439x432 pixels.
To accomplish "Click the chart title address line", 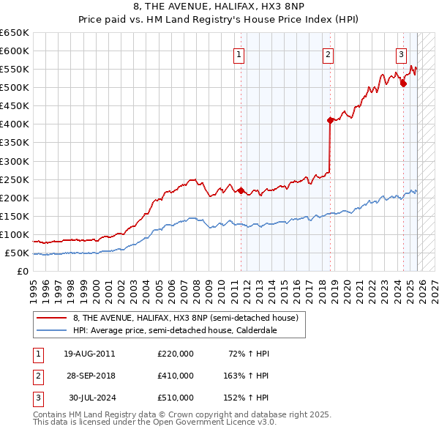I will (219, 7).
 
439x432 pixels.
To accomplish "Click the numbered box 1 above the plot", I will (239, 54).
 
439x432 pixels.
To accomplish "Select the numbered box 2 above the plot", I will (329, 54).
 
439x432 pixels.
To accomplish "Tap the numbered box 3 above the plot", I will (402, 54).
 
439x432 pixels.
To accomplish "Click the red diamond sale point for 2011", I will (241, 190).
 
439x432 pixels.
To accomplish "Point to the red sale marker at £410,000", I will (330, 120).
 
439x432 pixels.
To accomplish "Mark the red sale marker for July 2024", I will (403, 83).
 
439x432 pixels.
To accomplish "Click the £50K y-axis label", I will (18, 253).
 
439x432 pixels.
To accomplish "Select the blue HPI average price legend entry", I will (176, 330).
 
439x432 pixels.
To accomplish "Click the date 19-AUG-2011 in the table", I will (89, 354).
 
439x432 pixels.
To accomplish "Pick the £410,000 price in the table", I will (176, 376).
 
